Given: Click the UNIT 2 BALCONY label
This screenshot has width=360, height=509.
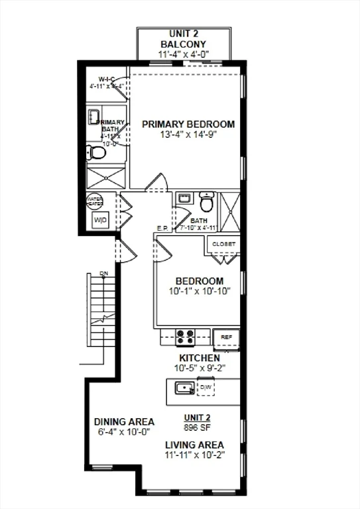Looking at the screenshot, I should click(x=183, y=38).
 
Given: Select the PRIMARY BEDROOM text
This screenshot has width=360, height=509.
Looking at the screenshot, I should click(x=188, y=124).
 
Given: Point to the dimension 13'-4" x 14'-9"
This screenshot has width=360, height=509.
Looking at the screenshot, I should click(x=188, y=135).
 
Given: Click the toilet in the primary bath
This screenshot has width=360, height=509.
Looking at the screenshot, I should click(x=97, y=154).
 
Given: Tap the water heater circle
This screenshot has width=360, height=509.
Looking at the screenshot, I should click(x=94, y=201).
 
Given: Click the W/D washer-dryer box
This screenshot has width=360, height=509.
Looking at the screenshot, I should click(x=100, y=220).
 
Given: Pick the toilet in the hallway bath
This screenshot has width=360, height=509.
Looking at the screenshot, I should click(x=207, y=200).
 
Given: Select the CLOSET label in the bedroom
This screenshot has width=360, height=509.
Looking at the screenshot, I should click(x=223, y=244).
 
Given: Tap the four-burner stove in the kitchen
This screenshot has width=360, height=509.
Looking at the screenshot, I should click(x=185, y=337).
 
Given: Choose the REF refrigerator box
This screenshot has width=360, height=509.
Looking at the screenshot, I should click(x=226, y=337).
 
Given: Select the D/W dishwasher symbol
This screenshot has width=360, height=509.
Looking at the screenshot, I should click(x=206, y=386).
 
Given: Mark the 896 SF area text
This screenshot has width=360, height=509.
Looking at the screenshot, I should click(x=197, y=427).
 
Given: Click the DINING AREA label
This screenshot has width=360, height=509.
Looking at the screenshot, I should click(x=124, y=422).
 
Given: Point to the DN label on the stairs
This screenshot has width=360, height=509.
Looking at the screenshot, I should click(x=103, y=273).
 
